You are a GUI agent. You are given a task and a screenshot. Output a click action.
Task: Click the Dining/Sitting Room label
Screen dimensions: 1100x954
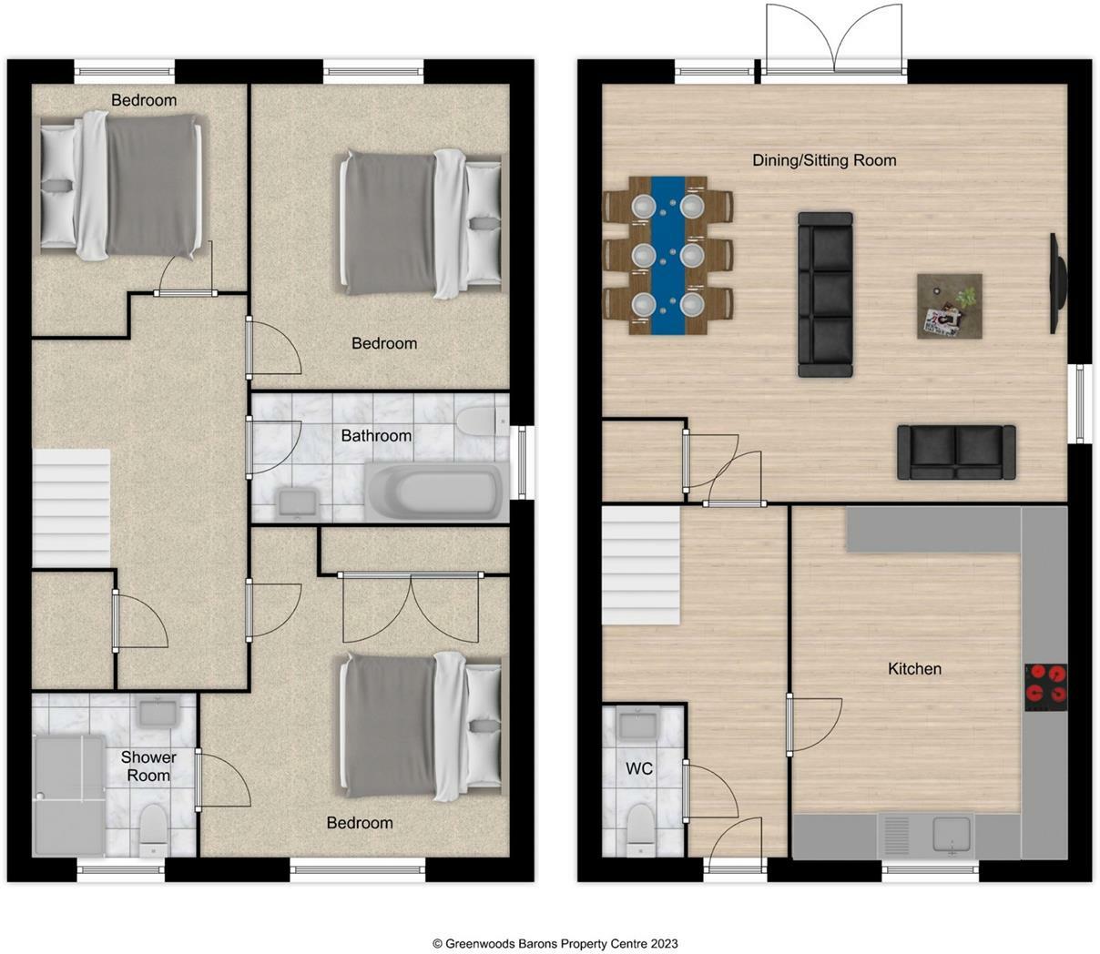tap(824, 160)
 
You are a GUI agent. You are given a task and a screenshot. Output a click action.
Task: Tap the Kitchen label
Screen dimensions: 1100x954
tap(914, 668)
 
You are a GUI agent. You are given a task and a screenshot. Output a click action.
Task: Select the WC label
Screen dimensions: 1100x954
tap(639, 768)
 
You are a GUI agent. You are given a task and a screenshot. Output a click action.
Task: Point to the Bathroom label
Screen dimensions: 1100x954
tap(376, 435)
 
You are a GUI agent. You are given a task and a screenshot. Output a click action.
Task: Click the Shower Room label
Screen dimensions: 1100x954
tap(148, 766)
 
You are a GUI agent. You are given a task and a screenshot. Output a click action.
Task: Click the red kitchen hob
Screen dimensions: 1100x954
tap(1045, 687)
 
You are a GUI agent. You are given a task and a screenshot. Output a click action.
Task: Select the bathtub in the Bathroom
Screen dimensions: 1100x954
tap(435, 491)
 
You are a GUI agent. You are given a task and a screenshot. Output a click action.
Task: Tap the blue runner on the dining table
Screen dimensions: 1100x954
tap(668, 256)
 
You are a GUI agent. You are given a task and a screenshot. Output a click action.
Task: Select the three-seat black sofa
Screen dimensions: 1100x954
tap(825, 294)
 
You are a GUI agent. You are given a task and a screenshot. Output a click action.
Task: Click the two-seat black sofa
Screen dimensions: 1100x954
tap(956, 452)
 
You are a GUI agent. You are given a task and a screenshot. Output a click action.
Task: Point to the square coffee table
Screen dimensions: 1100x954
tap(950, 307)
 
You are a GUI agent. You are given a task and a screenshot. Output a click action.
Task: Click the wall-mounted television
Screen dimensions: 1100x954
tap(1058, 283)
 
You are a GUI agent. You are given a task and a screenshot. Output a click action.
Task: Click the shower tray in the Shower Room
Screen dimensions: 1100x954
tap(69, 797)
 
